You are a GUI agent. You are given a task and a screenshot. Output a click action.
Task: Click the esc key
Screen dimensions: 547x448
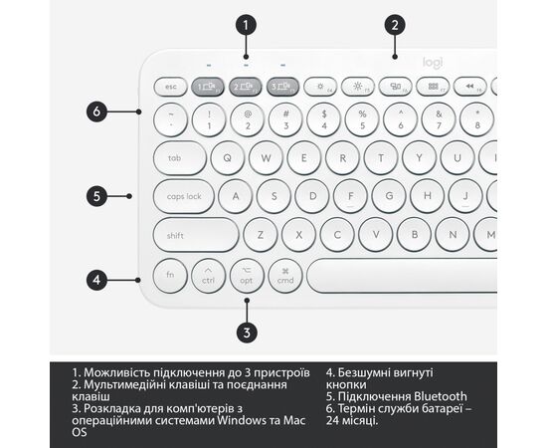tap(171, 87)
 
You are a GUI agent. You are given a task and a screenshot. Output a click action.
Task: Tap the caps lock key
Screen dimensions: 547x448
tap(184, 196)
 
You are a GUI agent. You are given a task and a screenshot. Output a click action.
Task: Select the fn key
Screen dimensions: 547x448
tap(170, 276)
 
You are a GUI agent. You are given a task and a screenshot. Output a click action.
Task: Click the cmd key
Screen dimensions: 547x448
tap(285, 276)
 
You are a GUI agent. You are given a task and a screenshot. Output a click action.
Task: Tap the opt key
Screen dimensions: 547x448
tap(247, 276)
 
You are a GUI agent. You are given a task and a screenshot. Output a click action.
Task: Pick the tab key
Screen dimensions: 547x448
tap(180, 158)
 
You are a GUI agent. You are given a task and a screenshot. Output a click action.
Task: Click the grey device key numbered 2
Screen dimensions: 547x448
tap(246, 87)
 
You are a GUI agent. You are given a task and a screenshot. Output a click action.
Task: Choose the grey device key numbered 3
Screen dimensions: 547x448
tap(282, 87)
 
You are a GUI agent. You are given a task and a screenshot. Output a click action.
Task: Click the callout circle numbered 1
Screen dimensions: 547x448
tap(246, 25)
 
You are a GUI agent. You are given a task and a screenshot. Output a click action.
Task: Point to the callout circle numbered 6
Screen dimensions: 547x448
tap(96, 112)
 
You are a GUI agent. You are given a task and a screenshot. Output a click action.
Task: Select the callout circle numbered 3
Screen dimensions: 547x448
tap(247, 333)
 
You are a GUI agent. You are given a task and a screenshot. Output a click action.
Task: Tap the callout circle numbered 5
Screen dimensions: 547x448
tap(96, 196)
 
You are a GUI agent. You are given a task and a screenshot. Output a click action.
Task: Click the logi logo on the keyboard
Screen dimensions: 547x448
tap(433, 63)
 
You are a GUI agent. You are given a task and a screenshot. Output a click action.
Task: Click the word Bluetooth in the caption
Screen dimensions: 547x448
tap(441, 396)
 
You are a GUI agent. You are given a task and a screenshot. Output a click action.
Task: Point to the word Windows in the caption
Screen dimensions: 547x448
tap(242, 420)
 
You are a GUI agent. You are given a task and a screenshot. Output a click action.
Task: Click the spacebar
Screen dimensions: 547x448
tap(402, 276)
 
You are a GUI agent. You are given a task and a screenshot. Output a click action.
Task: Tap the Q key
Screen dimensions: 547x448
tap(227, 158)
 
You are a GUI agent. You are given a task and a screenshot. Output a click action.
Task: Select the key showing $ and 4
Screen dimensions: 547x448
tap(324, 119)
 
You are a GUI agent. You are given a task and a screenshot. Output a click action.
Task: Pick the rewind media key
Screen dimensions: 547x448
tap(469, 87)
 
